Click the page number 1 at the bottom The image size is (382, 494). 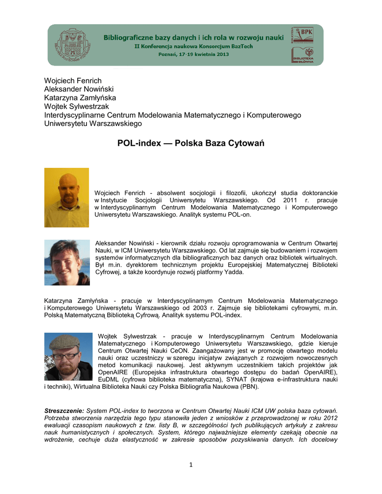point(191,465)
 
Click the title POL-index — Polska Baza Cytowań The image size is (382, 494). point(191,143)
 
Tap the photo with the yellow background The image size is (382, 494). point(67,197)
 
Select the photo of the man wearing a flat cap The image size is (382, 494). point(68,357)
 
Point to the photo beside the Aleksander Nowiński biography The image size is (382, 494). point(67,262)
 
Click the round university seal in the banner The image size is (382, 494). point(74,44)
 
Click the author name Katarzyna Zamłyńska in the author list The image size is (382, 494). point(80,97)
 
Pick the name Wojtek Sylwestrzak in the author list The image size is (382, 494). point(76,106)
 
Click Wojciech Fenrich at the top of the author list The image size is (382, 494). point(73,81)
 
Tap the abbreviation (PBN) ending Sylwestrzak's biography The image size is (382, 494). point(249,387)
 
